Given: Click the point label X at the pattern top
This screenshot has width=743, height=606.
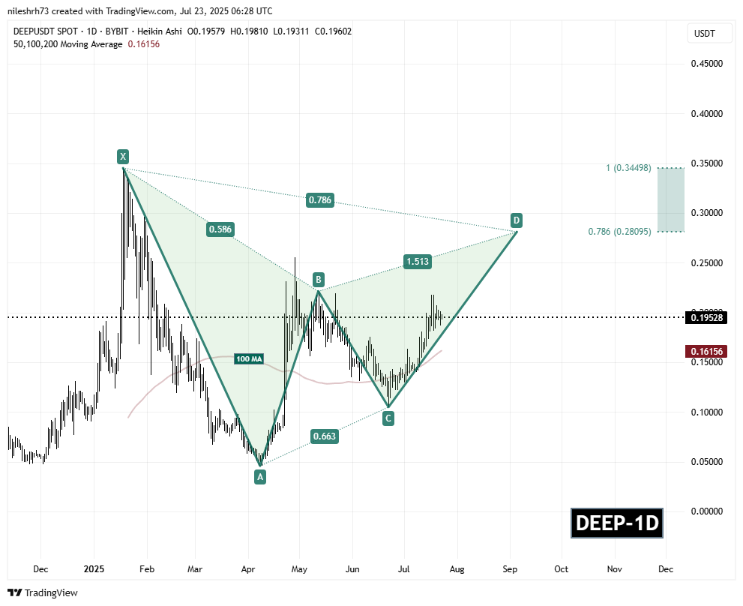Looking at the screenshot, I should (x=122, y=157).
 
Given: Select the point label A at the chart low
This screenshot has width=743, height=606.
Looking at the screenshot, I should (x=260, y=476).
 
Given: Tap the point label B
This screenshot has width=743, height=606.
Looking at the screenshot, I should (x=319, y=280).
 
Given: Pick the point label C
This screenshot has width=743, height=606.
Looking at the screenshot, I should (x=388, y=418).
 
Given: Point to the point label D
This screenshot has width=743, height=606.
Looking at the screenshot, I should (x=516, y=220).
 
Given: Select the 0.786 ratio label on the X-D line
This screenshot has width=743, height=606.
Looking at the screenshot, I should (x=319, y=200).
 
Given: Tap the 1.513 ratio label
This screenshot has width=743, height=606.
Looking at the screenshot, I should (x=417, y=261).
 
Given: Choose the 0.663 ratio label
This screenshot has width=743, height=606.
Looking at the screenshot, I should (x=325, y=436).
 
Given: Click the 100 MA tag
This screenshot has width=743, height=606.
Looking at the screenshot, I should (x=248, y=358).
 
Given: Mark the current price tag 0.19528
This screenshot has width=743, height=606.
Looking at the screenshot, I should (x=707, y=317).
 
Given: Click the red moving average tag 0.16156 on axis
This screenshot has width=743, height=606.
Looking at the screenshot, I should (x=707, y=351).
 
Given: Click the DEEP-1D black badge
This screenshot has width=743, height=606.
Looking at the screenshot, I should (x=617, y=523).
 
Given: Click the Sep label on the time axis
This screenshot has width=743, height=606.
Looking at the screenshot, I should (x=510, y=569).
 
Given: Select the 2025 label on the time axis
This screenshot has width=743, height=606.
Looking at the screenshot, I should (x=94, y=569).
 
